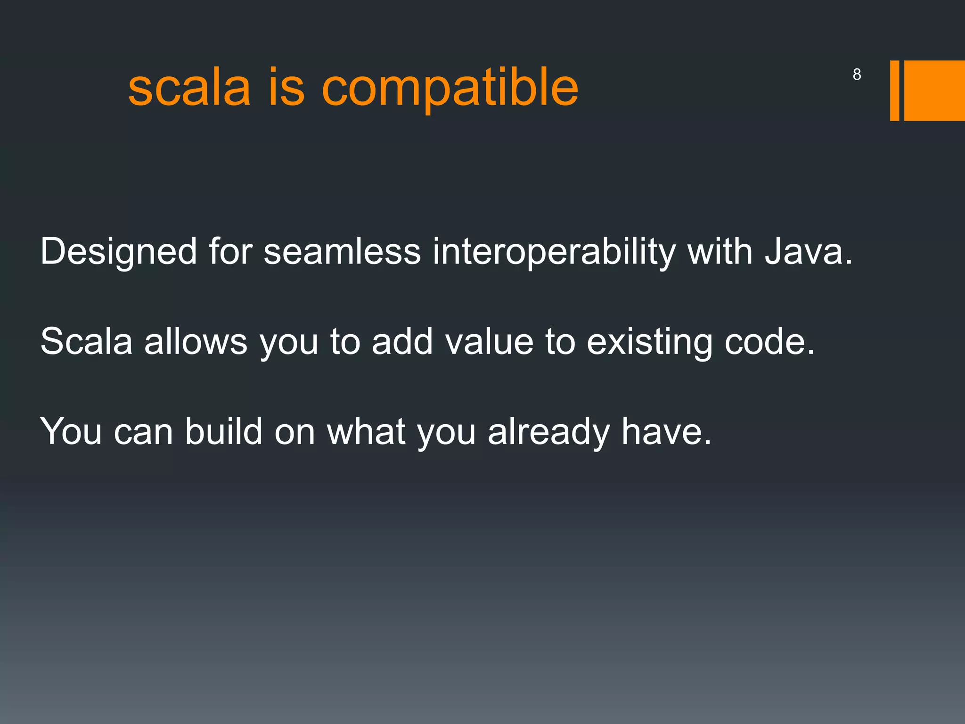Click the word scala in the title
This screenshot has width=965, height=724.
pyautogui.click(x=189, y=88)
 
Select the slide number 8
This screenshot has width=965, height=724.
pyautogui.click(x=857, y=74)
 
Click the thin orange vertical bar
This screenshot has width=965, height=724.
pyautogui.click(x=894, y=90)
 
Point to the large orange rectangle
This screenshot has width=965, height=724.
pyautogui.click(x=934, y=90)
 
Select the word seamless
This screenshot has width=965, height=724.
pyautogui.click(x=342, y=251)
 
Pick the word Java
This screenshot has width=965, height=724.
pyautogui.click(x=809, y=251)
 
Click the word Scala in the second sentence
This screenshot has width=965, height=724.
pyautogui.click(x=87, y=341)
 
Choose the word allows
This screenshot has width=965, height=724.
pyautogui.click(x=196, y=341)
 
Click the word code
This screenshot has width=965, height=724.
pyautogui.click(x=769, y=341)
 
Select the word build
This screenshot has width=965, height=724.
pyautogui.click(x=223, y=431)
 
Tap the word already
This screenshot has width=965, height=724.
pyautogui.click(x=548, y=432)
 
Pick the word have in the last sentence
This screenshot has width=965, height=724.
pyautogui.click(x=666, y=431)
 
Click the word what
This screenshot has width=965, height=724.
pyautogui.click(x=366, y=431)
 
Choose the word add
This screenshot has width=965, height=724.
pyautogui.click(x=402, y=341)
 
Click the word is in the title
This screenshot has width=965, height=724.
pyautogui.click(x=286, y=88)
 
